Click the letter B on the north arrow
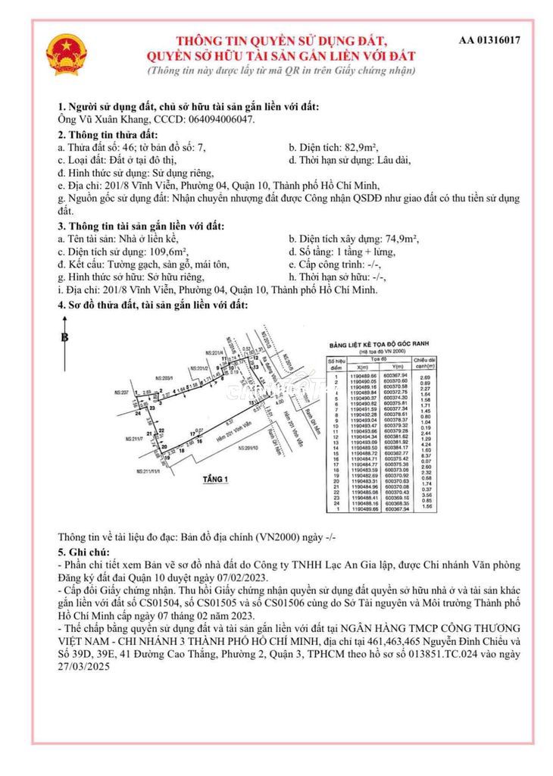pos(65,339)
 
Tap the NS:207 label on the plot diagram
pos(119,393)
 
